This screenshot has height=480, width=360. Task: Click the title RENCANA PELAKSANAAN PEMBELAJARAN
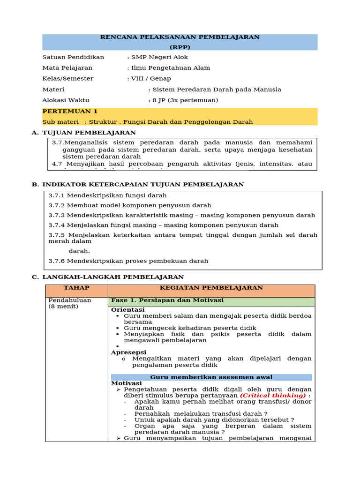180,37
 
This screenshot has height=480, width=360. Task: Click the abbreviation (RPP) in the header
180,47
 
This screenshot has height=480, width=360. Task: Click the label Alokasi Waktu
66,100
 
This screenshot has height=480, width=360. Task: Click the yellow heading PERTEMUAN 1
70,112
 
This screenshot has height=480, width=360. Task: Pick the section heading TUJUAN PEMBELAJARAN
89,133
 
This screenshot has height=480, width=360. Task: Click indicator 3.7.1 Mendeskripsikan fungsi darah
107,195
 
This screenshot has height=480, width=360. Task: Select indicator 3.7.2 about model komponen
130,205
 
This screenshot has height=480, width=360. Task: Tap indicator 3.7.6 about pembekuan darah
128,261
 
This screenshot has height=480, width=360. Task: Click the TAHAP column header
76,288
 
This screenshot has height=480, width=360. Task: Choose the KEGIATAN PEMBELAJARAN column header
211,288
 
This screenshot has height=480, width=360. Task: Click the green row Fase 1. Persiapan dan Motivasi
167,300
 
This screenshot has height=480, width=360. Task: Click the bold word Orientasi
127,310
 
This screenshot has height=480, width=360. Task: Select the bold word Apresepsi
128,352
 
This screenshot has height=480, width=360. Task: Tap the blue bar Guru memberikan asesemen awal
211,377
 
